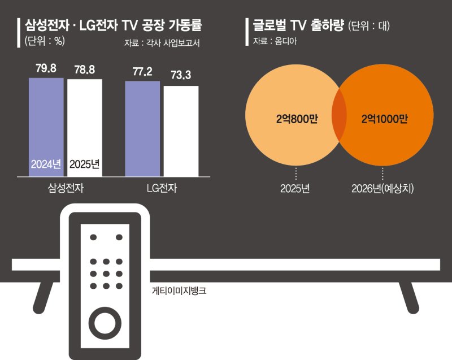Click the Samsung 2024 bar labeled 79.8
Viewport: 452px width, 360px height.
[46, 119]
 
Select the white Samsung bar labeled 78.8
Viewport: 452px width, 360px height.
[85, 119]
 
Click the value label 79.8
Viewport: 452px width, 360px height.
[46, 70]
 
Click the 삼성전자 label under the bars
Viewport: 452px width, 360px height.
[66, 188]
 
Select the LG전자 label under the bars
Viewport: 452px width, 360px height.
[162, 188]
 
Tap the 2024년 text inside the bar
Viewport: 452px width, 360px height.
[46, 164]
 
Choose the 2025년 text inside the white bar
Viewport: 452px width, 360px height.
[85, 164]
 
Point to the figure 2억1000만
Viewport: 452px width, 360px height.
[384, 119]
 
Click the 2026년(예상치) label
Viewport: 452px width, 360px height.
[383, 188]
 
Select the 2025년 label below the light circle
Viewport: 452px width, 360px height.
[295, 188]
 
